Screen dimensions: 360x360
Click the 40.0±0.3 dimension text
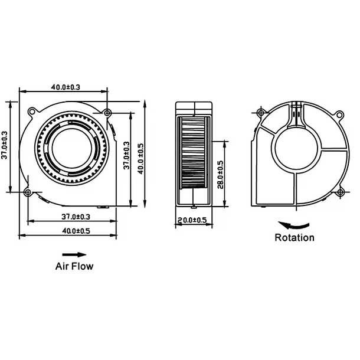65,87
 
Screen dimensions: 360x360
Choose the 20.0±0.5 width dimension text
192,220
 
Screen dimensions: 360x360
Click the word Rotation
294,238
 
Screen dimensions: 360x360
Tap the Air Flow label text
74,266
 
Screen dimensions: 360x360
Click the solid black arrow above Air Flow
70,254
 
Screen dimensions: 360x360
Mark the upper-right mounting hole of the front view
107,113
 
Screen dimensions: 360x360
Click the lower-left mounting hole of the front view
28,192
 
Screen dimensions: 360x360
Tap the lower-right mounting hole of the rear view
341,191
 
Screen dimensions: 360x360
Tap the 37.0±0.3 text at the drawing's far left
5,147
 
